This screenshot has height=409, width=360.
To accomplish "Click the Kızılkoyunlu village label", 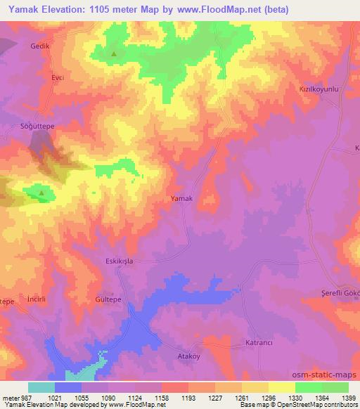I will point(320,90).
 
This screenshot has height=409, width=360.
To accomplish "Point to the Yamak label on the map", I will point(181,198).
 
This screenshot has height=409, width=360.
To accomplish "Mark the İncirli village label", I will point(35,298).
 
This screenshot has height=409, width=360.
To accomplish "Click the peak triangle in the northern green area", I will point(114,52).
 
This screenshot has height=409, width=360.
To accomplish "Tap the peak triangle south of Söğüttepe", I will point(41,192).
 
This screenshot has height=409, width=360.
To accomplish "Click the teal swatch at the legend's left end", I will point(41,387).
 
